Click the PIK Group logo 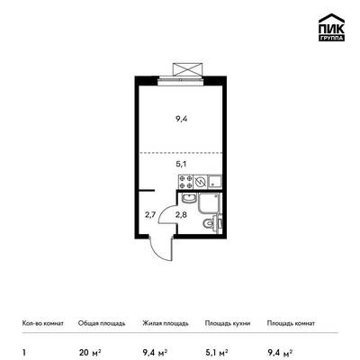click(331, 27)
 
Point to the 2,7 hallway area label click(150, 215)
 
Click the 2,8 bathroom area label click(181, 215)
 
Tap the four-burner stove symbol click(185, 182)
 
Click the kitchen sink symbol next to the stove click(215, 182)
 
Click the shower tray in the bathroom click(210, 203)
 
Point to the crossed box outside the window click(186, 69)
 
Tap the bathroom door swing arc click(166, 215)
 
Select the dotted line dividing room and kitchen click(180, 153)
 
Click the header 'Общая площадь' click(102, 323)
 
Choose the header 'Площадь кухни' click(228, 323)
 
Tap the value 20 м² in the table click(90, 352)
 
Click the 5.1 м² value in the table click(216, 352)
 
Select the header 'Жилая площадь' click(166, 323)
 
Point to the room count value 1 click(24, 352)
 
